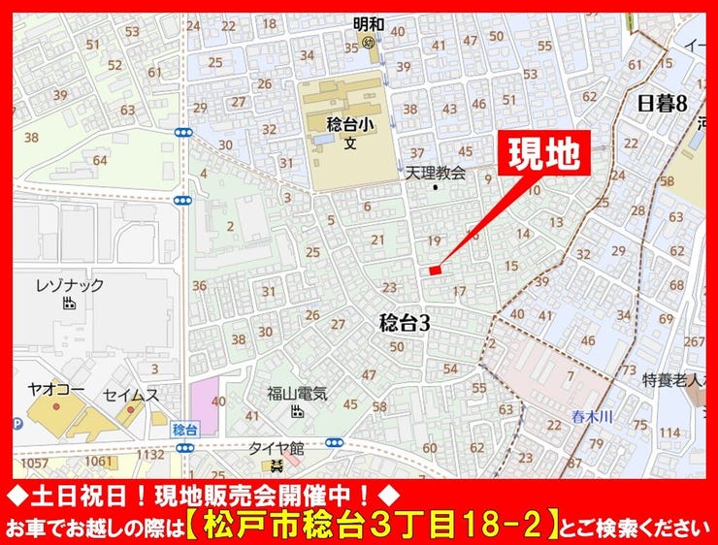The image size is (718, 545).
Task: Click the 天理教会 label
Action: pyautogui.click(x=435, y=173)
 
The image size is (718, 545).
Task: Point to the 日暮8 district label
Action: pyautogui.click(x=662, y=104)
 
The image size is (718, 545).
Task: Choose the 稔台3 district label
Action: pyautogui.click(x=404, y=323)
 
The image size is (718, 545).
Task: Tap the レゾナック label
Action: pyautogui.click(x=69, y=285)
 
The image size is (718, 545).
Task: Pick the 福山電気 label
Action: pyautogui.click(x=298, y=395)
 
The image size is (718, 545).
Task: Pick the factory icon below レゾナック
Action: pyautogui.click(x=68, y=304)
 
